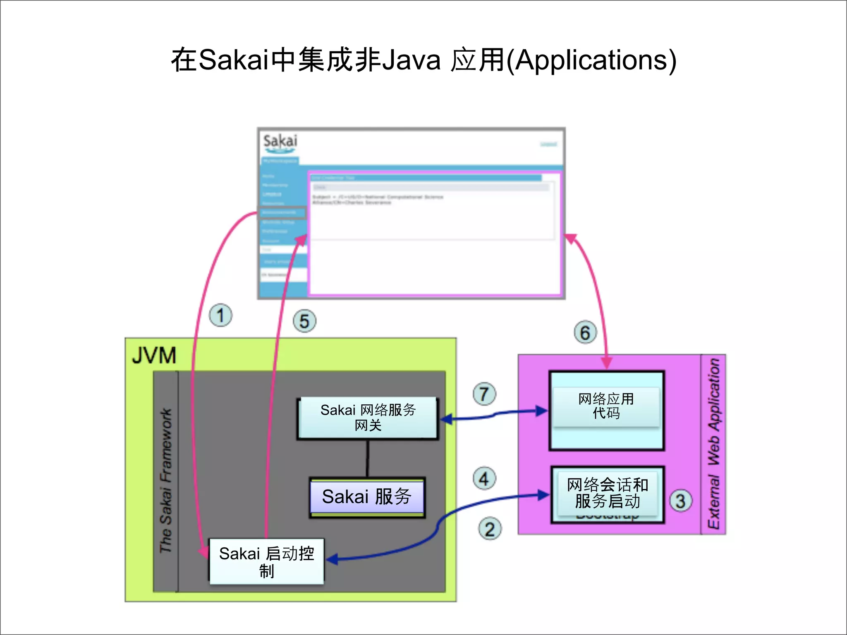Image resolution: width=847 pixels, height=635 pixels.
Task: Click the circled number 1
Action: pyautogui.click(x=220, y=315)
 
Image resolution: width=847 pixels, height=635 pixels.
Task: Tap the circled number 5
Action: pyautogui.click(x=304, y=321)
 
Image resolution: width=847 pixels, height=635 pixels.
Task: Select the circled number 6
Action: pyautogui.click(x=585, y=333)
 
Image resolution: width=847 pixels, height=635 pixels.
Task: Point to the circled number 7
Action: pyautogui.click(x=484, y=394)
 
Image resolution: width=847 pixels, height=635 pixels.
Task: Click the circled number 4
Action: pyautogui.click(x=484, y=478)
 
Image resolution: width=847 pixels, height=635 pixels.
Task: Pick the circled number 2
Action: pyautogui.click(x=490, y=529)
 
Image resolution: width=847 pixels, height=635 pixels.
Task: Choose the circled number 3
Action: pyautogui.click(x=680, y=501)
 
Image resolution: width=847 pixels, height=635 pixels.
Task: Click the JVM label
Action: pyautogui.click(x=154, y=355)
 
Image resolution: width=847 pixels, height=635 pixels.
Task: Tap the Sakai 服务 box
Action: pyautogui.click(x=367, y=497)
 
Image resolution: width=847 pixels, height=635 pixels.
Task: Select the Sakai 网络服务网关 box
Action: pyautogui.click(x=368, y=418)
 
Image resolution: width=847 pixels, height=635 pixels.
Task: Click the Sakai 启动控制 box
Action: pyautogui.click(x=266, y=561)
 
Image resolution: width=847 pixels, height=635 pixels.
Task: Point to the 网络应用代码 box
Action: pyautogui.click(x=606, y=406)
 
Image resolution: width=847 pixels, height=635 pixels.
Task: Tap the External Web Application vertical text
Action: pyautogui.click(x=714, y=444)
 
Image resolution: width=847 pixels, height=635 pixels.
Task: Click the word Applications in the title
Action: pyautogui.click(x=591, y=60)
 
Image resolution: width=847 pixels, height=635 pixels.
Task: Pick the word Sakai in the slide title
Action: pyautogui.click(x=234, y=60)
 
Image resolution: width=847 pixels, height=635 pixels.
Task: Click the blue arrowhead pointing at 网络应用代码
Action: pyautogui.click(x=542, y=411)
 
